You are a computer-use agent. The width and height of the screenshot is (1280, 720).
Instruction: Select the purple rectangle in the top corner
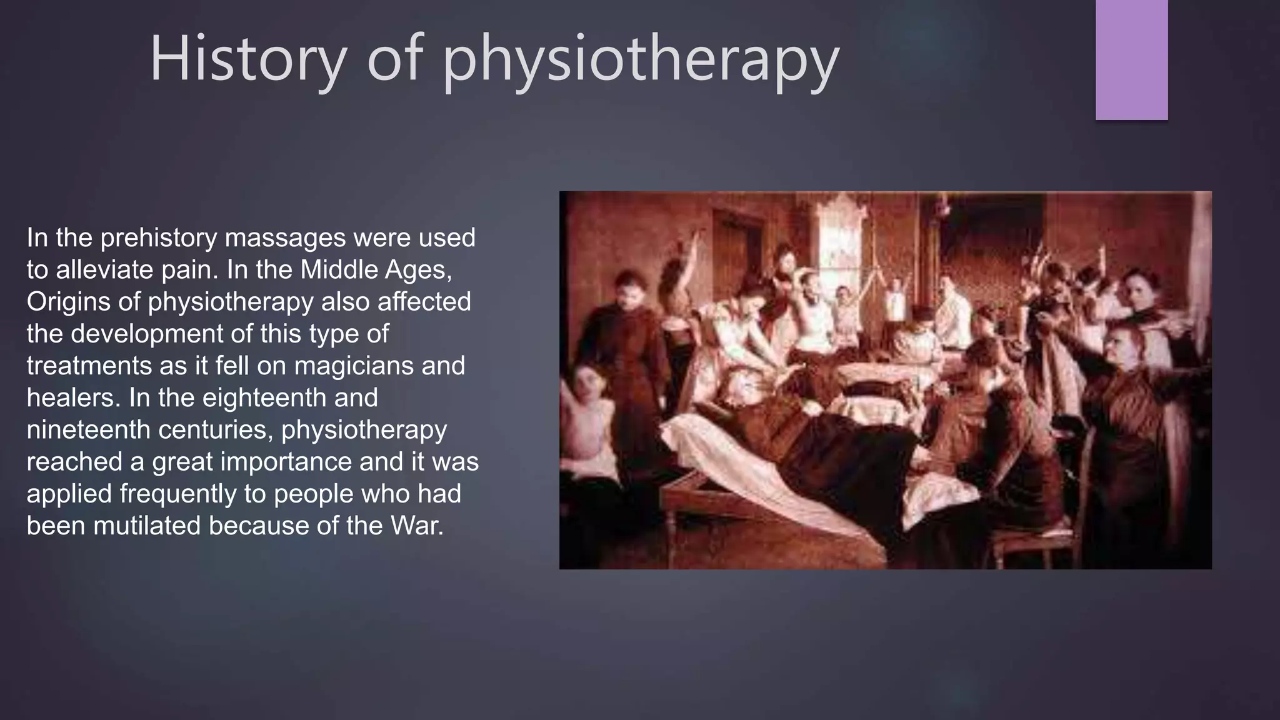pos(1131,59)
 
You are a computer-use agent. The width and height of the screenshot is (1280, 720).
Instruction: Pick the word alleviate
pos(104,270)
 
